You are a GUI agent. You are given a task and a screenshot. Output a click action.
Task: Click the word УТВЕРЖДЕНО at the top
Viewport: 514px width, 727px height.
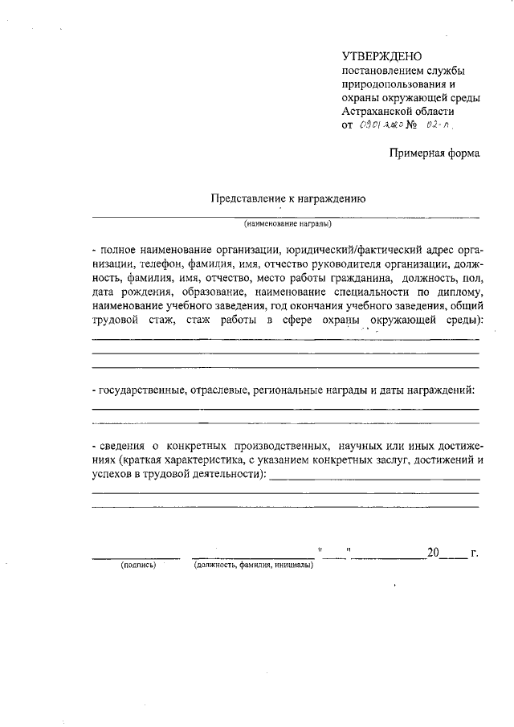381,56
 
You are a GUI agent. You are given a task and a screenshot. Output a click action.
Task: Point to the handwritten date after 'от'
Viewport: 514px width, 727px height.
382,126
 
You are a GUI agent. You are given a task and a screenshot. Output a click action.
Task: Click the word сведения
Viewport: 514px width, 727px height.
124,446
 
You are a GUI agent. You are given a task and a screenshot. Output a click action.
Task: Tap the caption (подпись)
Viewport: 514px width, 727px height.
137,566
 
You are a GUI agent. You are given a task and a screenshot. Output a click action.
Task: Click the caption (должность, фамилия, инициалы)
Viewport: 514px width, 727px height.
253,566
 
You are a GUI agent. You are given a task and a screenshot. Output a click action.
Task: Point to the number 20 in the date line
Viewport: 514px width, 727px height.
434,553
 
